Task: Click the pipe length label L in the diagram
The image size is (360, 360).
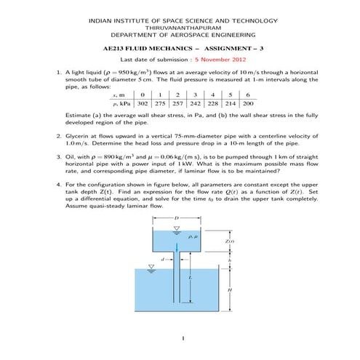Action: click(190, 278)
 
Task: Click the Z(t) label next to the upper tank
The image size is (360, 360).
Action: click(229, 241)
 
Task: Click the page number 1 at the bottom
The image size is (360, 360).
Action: click(181, 339)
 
